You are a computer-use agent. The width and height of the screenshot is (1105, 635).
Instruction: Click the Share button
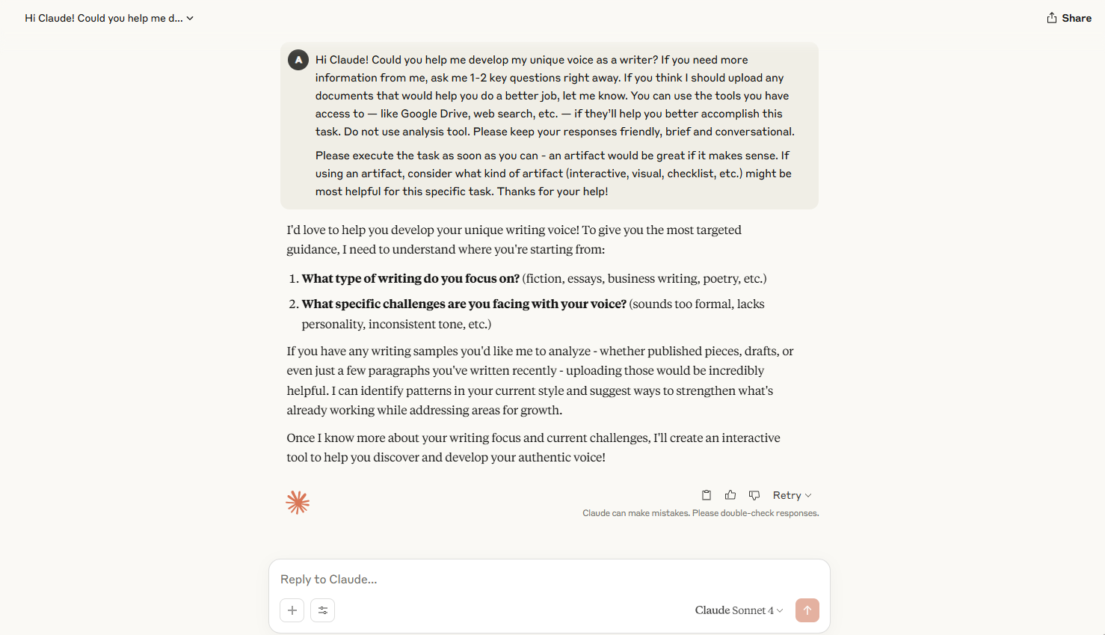[1069, 18]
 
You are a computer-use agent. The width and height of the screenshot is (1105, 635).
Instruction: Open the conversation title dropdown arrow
[190, 19]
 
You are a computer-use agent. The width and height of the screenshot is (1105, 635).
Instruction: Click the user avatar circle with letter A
[298, 60]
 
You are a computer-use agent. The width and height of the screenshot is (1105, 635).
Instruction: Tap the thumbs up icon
[730, 495]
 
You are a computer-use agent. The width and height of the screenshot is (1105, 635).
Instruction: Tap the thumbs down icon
[754, 495]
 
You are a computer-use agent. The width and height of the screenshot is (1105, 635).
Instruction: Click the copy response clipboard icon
[707, 495]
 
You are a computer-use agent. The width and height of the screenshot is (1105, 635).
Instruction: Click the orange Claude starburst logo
[298, 503]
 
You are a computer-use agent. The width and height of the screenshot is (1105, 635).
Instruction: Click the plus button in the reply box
[292, 610]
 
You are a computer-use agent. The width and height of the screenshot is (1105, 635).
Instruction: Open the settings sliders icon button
[323, 610]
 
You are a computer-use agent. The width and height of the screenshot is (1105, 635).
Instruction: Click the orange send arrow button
[807, 610]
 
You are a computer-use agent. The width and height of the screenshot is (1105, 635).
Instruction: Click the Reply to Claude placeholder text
[329, 580]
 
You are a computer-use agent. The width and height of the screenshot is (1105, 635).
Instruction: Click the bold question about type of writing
[410, 279]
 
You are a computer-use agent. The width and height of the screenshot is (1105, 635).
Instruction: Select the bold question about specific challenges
[464, 304]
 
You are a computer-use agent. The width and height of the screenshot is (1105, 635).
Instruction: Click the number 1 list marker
[293, 279]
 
